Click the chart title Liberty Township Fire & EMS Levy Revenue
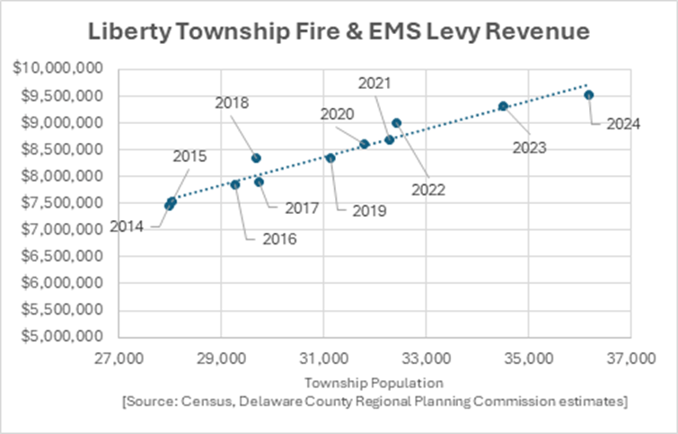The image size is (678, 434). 339,32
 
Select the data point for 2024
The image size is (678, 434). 589,95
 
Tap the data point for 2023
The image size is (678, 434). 504,106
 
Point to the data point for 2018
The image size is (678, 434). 256,158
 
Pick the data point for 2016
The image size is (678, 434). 235,185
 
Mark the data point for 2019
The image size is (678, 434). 330,158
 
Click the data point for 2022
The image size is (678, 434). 397,123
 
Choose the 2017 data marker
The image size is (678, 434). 260,182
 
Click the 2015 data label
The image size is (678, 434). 189,156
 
